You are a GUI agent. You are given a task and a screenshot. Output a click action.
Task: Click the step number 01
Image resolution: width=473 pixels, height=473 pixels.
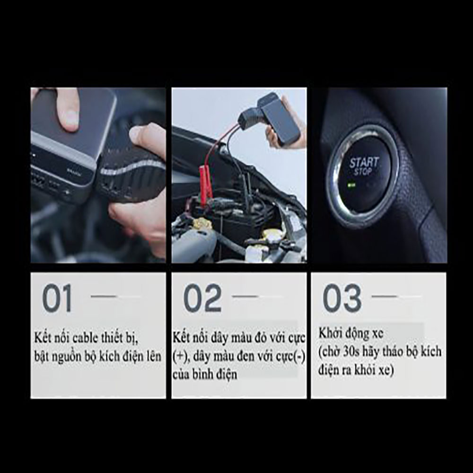coord(57,298)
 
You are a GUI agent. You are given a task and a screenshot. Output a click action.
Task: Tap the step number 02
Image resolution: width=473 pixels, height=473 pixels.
coord(202,298)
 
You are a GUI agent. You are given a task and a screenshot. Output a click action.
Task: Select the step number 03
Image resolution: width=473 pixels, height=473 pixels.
coord(342,298)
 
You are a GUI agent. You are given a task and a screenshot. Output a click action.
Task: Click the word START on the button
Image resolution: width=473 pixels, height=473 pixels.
coord(364,163)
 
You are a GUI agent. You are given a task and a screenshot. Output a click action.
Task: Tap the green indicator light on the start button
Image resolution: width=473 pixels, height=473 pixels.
coord(351,185)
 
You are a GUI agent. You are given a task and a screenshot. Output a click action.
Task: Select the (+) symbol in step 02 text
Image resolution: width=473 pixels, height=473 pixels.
coord(180,357)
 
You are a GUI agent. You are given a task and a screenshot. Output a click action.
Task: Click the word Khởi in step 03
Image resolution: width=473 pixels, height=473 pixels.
coord(329,334)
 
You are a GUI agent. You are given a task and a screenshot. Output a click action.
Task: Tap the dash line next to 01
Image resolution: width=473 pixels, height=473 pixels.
coord(103,296)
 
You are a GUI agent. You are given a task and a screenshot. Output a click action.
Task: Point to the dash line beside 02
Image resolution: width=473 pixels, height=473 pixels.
coord(245,296)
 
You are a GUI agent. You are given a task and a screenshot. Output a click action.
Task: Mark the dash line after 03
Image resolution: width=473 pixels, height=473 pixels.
coord(384,296)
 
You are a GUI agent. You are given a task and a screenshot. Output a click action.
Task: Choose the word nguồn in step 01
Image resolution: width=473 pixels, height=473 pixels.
coord(64,357)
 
